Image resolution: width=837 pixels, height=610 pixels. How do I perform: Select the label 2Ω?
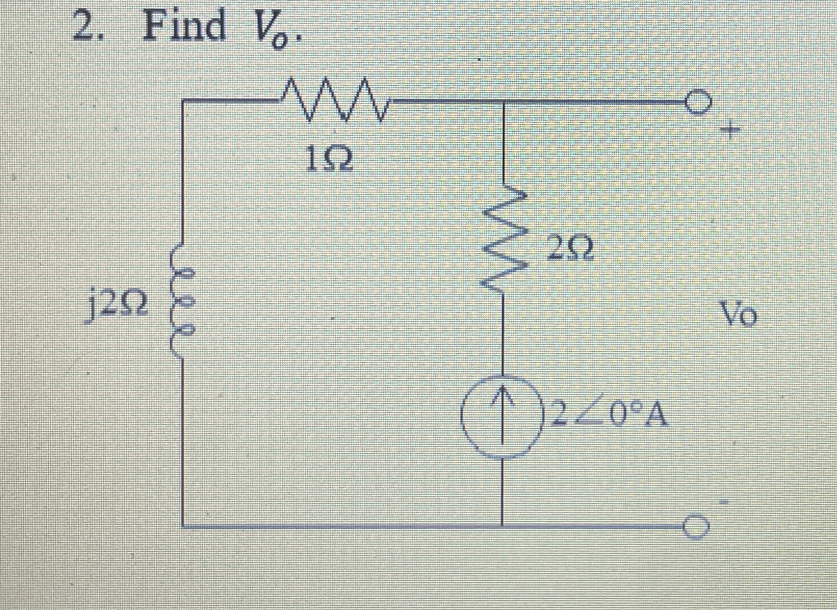(x=570, y=249)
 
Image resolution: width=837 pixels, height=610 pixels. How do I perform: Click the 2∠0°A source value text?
(x=609, y=414)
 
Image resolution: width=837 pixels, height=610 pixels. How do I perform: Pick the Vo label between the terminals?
(x=738, y=314)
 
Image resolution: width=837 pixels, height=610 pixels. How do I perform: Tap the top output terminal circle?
(x=698, y=102)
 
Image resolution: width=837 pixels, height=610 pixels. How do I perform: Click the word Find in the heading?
(x=185, y=25)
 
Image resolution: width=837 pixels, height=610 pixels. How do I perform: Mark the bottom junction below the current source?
(x=503, y=526)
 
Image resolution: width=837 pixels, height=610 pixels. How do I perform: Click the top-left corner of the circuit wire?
(x=183, y=101)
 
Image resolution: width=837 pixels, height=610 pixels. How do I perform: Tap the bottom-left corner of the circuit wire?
(x=183, y=526)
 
